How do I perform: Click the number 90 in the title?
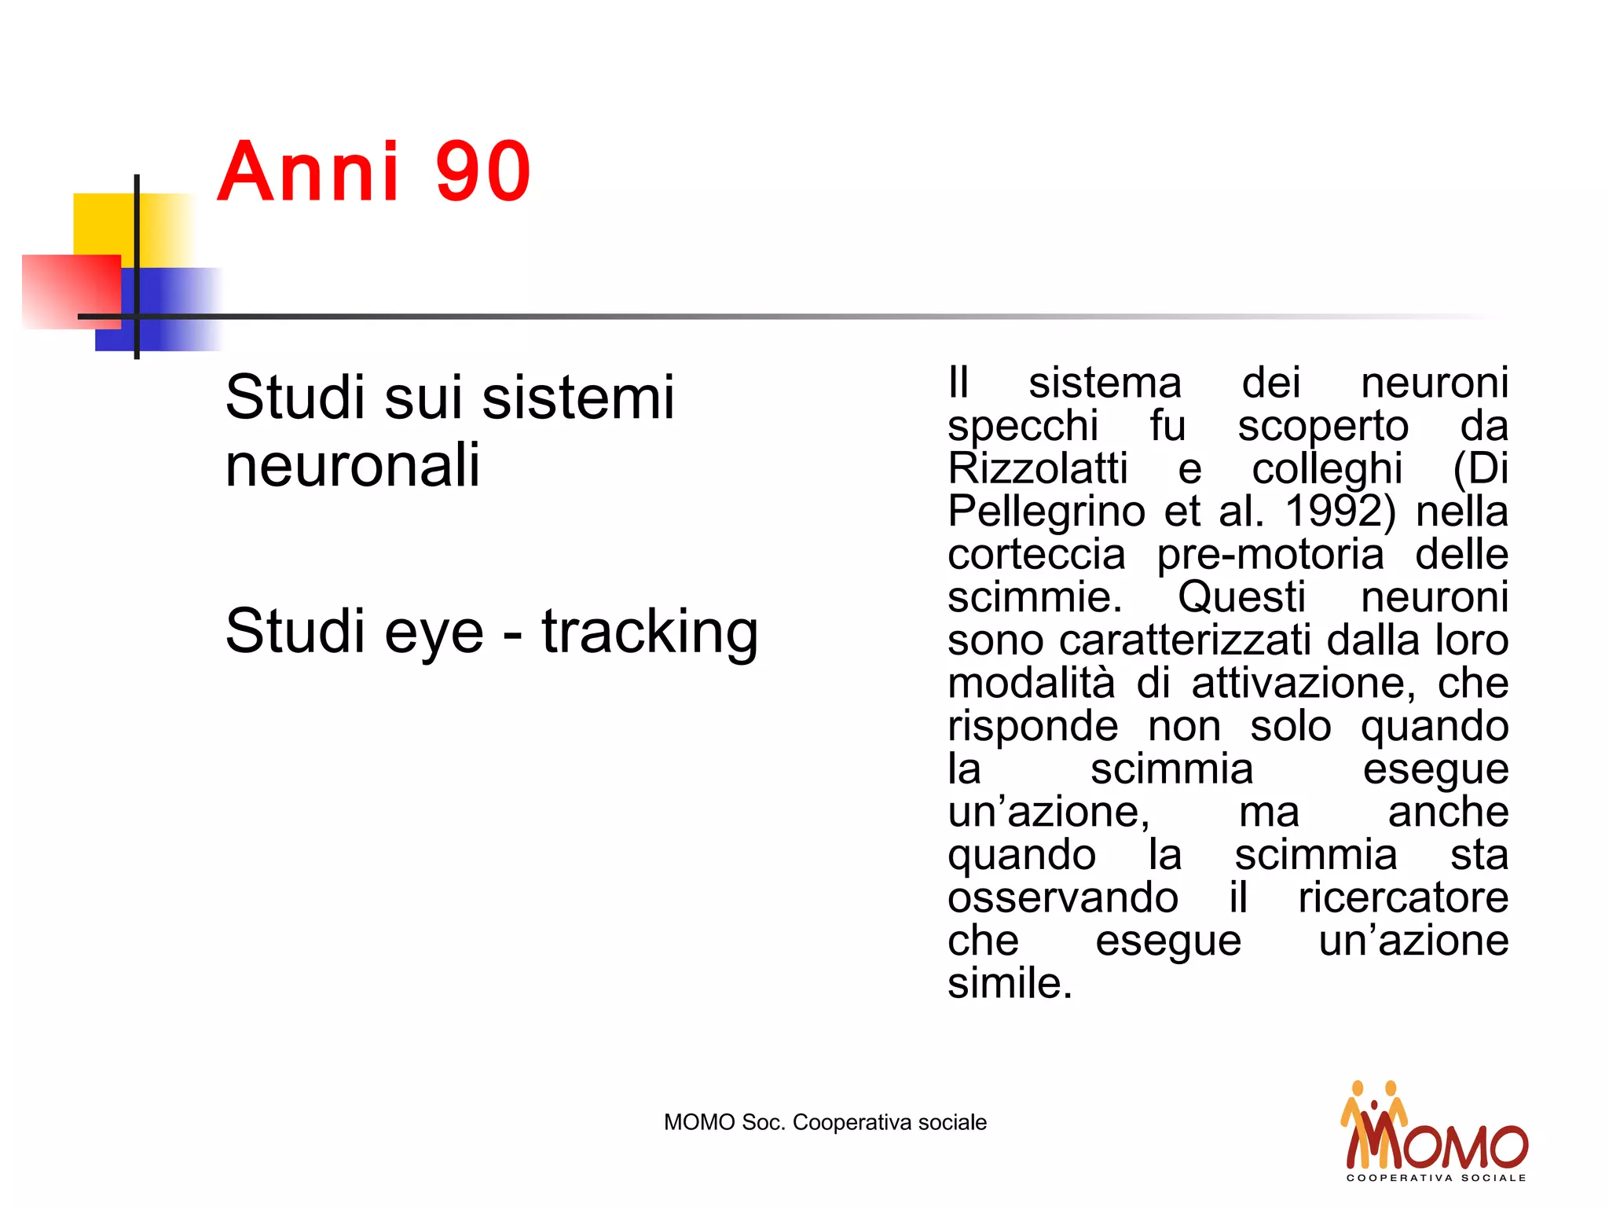(483, 171)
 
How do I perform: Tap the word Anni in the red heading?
(309, 171)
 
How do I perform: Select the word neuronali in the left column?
(352, 465)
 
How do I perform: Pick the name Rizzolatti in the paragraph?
(1037, 468)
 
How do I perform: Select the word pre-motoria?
(1270, 555)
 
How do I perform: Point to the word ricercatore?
(1403, 897)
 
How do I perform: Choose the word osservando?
(1062, 897)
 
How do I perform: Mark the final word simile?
(1009, 983)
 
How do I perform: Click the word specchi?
(1022, 426)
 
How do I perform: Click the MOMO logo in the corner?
(1435, 1132)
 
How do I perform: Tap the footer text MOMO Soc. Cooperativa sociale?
(825, 1122)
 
